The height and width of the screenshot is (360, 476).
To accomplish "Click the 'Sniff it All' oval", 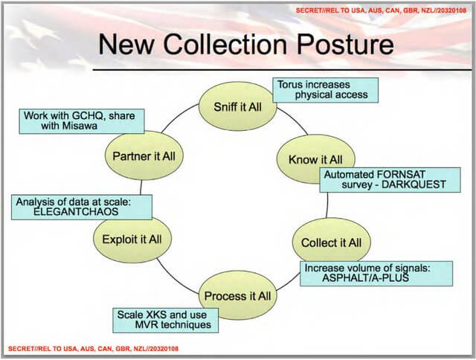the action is pyautogui.click(x=238, y=106).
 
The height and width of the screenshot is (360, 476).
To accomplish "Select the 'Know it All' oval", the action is pyautogui.click(x=315, y=159).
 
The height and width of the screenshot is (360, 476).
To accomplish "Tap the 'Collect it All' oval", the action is pyautogui.click(x=332, y=242).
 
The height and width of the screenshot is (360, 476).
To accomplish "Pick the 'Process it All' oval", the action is pyautogui.click(x=238, y=295).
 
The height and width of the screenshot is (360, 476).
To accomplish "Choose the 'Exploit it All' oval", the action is pyautogui.click(x=132, y=239).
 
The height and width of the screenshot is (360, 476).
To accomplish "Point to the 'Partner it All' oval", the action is pyautogui.click(x=144, y=155).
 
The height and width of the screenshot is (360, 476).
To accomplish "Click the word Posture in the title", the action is pyautogui.click(x=345, y=45).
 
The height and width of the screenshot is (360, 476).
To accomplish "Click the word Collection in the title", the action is pyautogui.click(x=225, y=45).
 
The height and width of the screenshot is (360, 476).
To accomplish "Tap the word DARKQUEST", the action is pyautogui.click(x=414, y=184).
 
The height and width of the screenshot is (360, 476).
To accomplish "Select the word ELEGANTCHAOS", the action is pyautogui.click(x=76, y=211).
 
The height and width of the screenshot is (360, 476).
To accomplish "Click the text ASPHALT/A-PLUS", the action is pyautogui.click(x=365, y=277).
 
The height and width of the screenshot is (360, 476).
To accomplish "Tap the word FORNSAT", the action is pyautogui.click(x=400, y=175).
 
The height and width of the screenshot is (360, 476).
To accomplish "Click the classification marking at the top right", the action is pyautogui.click(x=381, y=10).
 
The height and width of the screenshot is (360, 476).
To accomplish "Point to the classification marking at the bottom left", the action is pyautogui.click(x=93, y=348).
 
